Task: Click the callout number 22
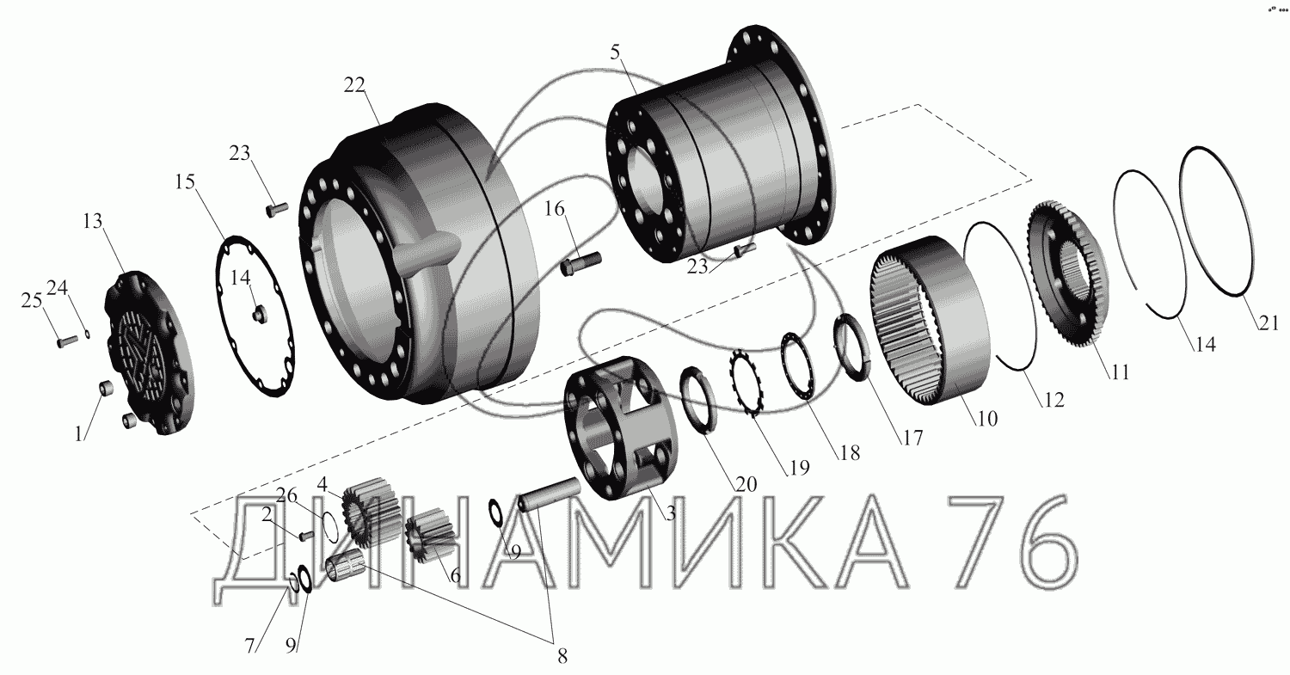click(x=354, y=85)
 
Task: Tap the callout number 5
click(x=616, y=52)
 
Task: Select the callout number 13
click(x=92, y=221)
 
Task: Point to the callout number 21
click(x=1268, y=323)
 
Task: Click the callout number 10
click(x=987, y=419)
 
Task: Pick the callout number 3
click(x=670, y=513)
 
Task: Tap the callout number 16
click(x=555, y=208)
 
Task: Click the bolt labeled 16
click(x=580, y=263)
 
